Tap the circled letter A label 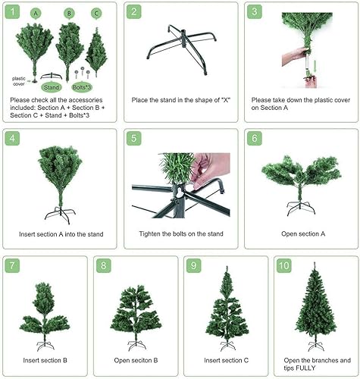point(36,14)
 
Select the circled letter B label point(69,14)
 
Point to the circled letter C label point(95,14)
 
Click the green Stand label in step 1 point(52,87)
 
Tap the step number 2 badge point(133,12)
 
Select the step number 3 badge point(254,12)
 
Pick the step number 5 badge point(133,139)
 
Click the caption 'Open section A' point(298,235)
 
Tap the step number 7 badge point(12,266)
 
